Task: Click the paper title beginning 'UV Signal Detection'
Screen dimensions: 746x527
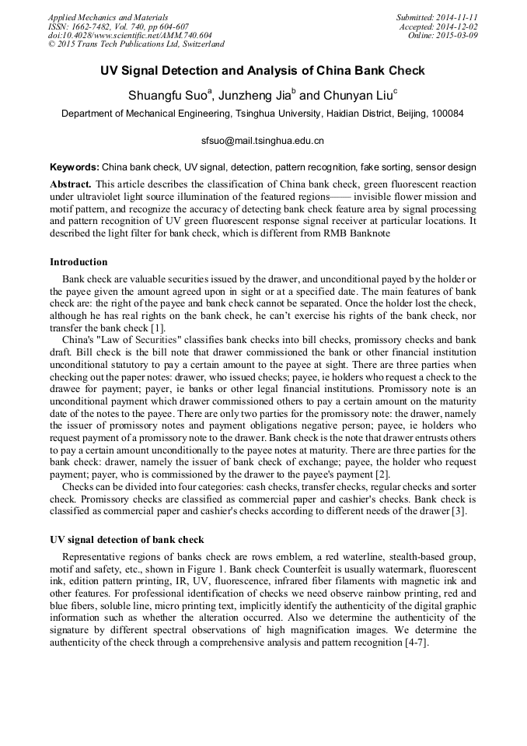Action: point(263,71)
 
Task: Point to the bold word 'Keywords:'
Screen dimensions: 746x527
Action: point(74,167)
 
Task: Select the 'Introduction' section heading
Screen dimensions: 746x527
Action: point(79,262)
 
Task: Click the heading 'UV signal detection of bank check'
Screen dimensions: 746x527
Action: point(127,540)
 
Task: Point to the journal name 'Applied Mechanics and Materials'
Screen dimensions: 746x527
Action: point(108,17)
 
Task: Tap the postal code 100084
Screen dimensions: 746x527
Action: point(447,114)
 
